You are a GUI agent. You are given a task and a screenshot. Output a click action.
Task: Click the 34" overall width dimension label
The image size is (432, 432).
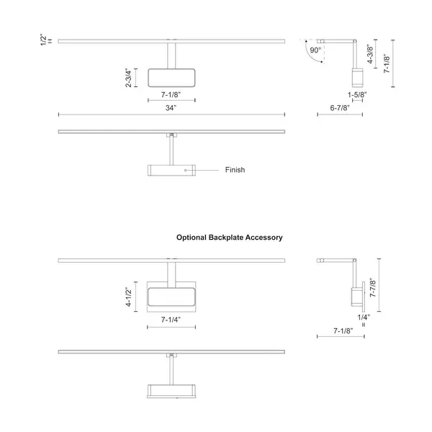(171, 108)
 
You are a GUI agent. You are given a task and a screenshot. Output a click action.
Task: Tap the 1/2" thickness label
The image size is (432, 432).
(44, 40)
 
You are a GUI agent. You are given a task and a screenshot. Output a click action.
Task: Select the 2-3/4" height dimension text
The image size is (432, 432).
(128, 78)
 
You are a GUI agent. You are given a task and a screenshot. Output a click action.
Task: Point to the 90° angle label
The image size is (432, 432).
(315, 50)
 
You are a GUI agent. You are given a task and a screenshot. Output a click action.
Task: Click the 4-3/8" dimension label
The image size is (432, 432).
(370, 54)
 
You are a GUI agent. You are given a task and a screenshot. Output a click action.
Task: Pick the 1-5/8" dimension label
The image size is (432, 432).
(357, 95)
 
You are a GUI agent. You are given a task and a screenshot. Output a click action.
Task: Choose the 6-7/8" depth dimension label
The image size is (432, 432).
(340, 108)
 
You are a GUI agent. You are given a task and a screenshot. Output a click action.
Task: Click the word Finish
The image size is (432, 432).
(235, 170)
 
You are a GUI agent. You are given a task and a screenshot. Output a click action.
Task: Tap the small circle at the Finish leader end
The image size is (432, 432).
(186, 170)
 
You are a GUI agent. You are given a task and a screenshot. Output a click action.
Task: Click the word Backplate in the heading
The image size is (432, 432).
(225, 238)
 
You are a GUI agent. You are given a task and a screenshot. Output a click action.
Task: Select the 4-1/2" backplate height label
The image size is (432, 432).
(128, 297)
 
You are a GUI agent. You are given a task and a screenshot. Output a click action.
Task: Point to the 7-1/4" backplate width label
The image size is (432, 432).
(171, 320)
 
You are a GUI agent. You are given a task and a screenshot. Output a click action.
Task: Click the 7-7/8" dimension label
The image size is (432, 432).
(373, 287)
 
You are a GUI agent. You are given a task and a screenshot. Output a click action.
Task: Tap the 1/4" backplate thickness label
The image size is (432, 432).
(364, 318)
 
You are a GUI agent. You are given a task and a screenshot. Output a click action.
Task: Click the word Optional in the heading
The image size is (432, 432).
(192, 238)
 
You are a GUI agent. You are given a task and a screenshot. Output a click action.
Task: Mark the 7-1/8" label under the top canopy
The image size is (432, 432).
(171, 95)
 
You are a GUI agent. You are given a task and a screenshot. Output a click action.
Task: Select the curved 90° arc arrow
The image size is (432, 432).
(310, 55)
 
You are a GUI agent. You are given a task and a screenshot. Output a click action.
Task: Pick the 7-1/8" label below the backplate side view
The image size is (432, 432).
(343, 330)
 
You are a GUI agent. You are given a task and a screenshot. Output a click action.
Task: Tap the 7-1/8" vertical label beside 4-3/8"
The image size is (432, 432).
(387, 63)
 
